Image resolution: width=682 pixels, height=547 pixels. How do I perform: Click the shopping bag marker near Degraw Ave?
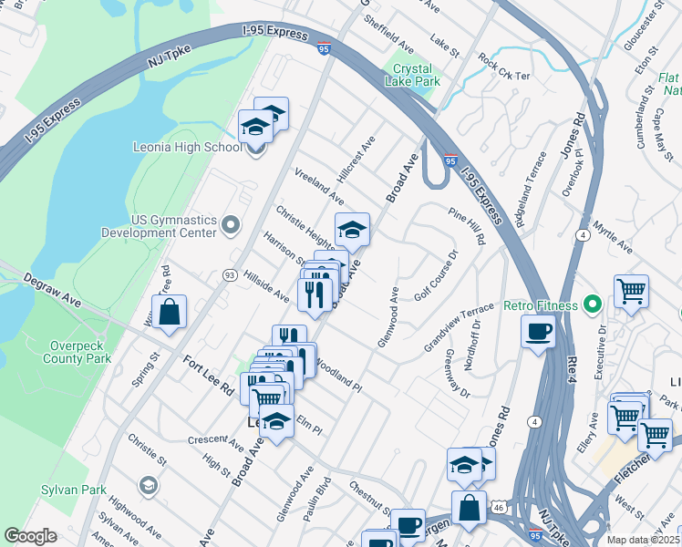[170, 312]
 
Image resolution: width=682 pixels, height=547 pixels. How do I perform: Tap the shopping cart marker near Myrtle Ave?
[631, 292]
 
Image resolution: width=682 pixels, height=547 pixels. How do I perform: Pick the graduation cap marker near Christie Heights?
[352, 230]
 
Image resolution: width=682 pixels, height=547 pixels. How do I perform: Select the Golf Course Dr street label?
[436, 275]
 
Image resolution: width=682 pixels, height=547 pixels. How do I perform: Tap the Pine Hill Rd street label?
[466, 225]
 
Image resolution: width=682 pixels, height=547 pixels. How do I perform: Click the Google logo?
[30, 536]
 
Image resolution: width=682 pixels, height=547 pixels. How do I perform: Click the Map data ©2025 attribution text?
[642, 540]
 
